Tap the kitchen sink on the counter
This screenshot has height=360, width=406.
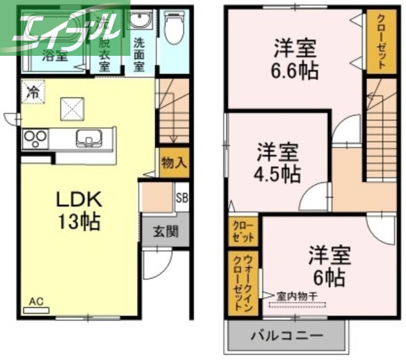pos(88,138)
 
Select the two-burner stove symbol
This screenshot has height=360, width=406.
pos(35,138)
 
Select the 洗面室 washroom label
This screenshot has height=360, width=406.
pos(139,54)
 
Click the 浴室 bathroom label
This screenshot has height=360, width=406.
pos(55,55)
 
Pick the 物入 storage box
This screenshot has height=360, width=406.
pos(174,163)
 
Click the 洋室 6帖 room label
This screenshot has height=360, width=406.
pos(330,266)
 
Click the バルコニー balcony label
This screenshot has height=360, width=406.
pos(287,336)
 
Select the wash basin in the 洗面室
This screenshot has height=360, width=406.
pos(139,22)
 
